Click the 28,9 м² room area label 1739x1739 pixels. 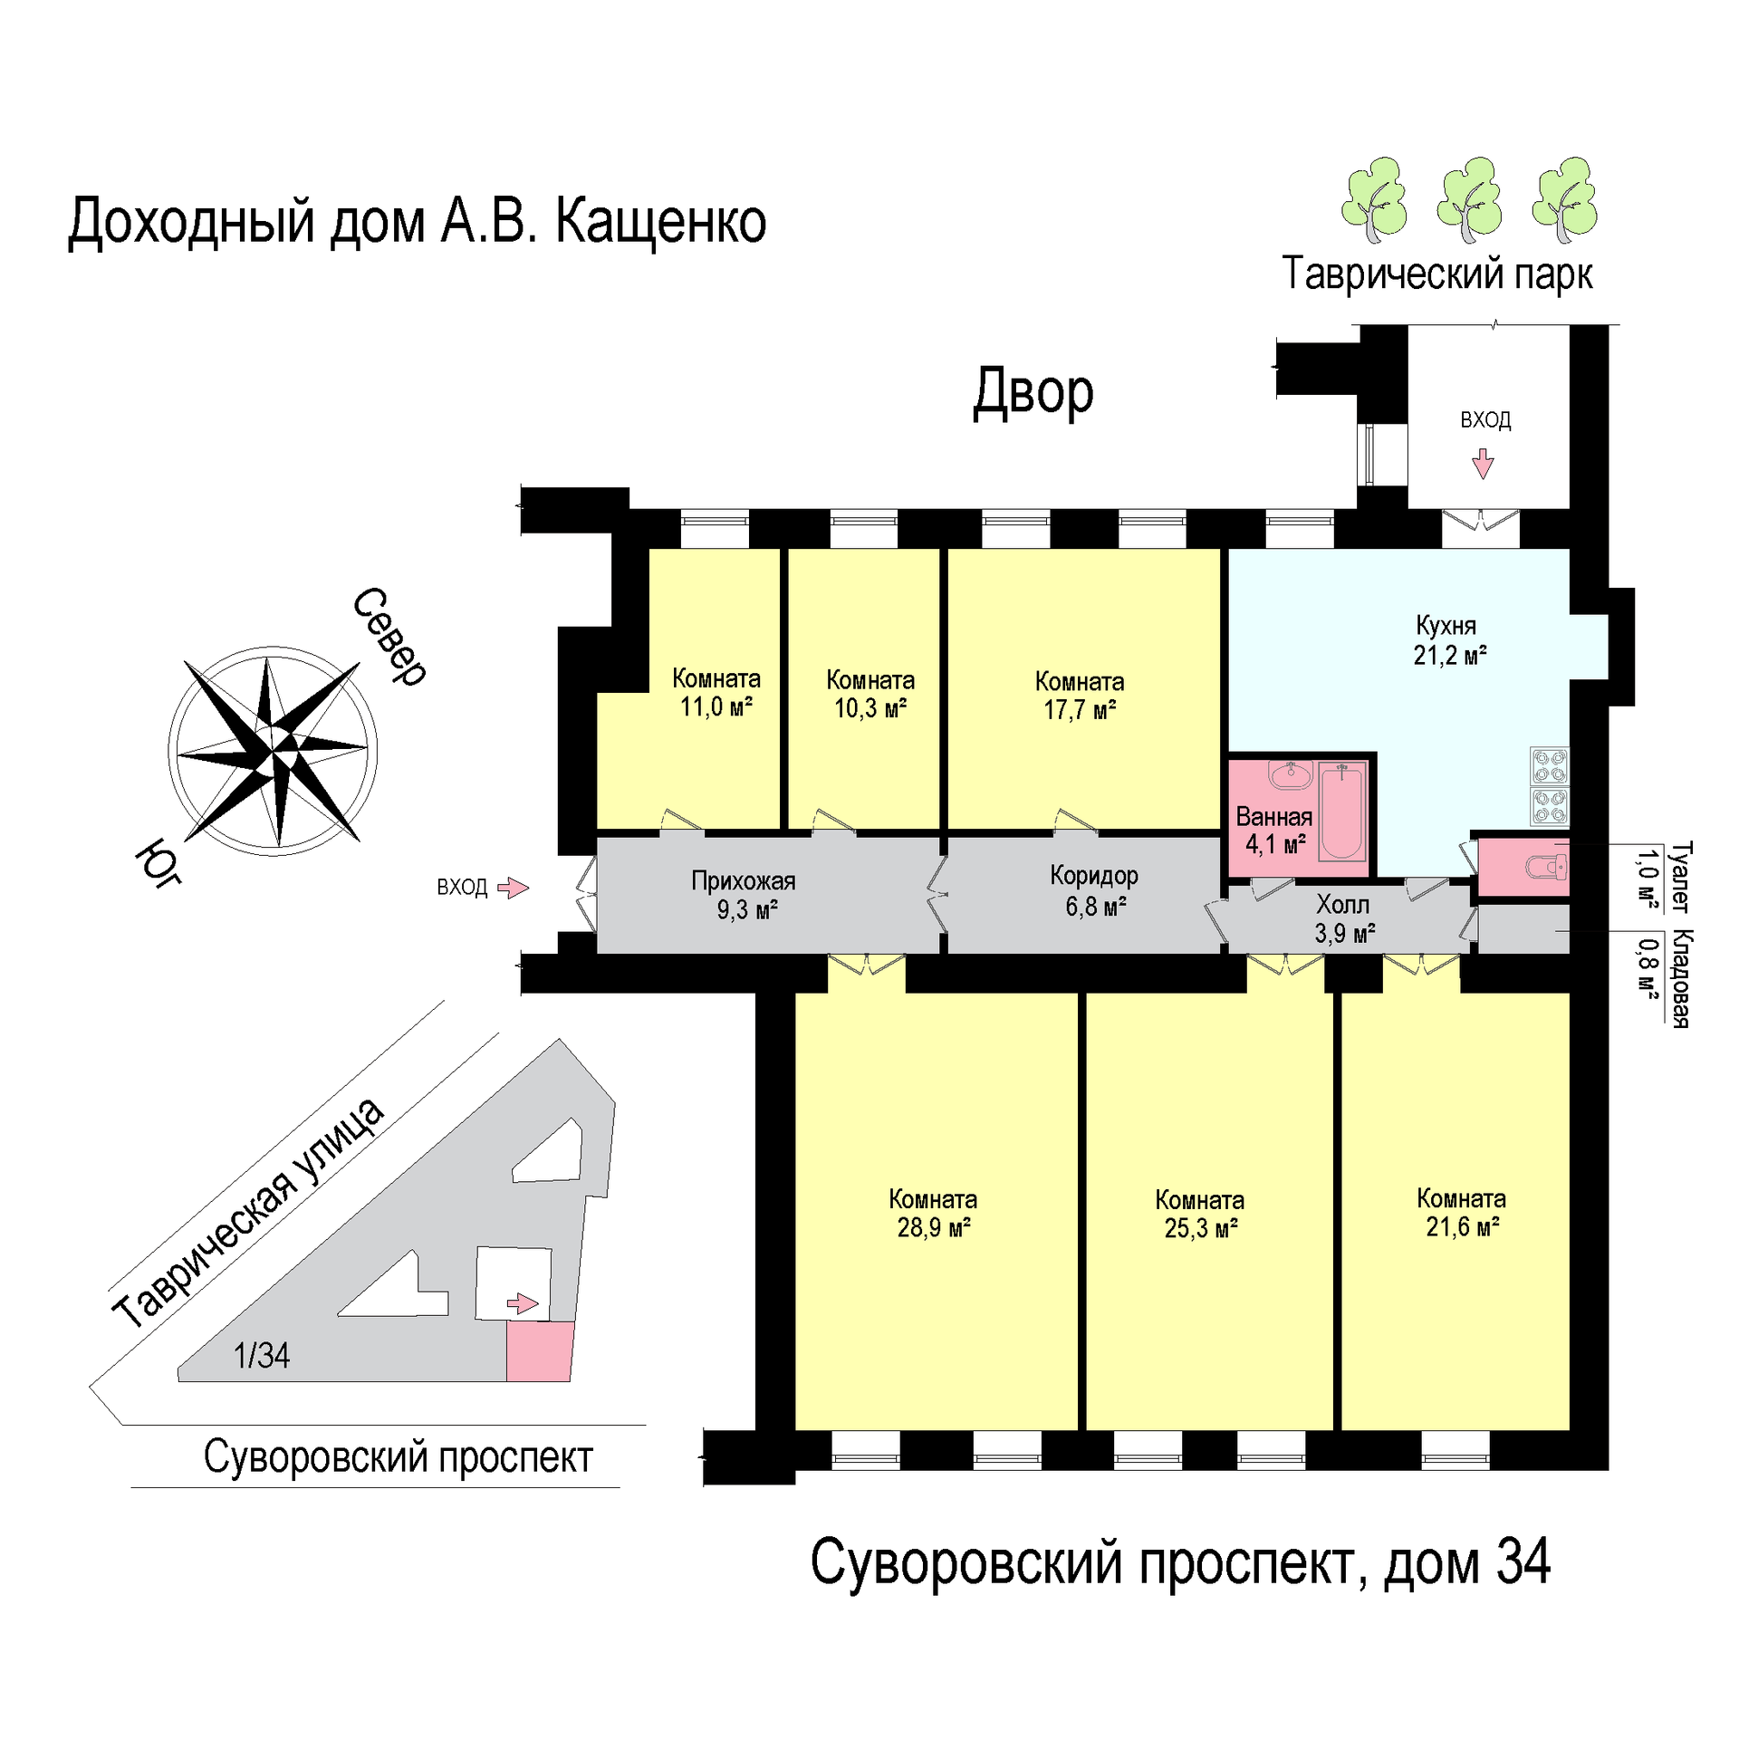933,1227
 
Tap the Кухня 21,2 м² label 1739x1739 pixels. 1449,640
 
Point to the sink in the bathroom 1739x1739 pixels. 1290,775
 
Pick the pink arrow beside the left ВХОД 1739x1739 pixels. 514,888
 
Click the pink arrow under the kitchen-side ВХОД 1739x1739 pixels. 1483,463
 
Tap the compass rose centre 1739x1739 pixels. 273,751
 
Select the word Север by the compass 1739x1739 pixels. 389,637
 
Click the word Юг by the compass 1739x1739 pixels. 159,862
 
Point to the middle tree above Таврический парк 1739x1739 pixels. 1469,199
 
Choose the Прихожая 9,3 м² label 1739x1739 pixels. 744,895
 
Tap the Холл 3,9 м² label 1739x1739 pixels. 1344,918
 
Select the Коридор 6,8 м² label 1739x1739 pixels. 1094,890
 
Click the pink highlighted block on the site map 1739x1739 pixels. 539,1350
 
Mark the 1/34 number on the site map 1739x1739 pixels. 262,1356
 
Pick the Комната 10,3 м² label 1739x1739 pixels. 870,694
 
